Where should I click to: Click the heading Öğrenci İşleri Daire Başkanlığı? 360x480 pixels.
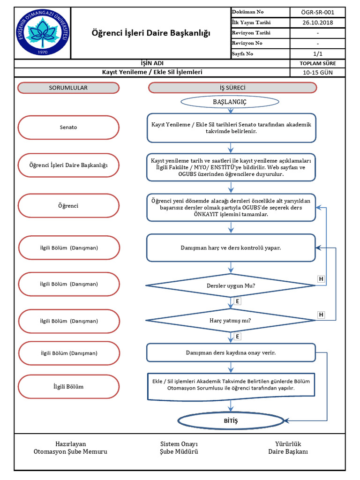point(150,33)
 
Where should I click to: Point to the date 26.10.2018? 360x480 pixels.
point(318,22)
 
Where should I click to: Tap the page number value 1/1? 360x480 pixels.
point(318,53)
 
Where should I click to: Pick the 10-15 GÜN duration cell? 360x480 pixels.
point(318,73)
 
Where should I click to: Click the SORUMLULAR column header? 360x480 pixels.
point(68,88)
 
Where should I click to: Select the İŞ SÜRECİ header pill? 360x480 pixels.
point(232,88)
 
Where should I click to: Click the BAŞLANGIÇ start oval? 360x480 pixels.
point(230,102)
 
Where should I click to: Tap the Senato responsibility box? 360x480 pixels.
point(68,127)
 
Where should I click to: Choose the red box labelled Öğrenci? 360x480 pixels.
point(68,206)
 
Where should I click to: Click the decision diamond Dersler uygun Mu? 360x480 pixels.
point(231,285)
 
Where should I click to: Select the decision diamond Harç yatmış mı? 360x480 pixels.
point(231,321)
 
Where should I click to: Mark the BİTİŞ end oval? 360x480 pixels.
point(230,421)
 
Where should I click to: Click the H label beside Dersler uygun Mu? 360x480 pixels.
point(321,279)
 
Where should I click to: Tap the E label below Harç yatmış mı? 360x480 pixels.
point(238,337)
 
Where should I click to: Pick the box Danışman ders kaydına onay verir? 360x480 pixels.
point(231,352)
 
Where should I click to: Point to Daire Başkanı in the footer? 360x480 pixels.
point(288,452)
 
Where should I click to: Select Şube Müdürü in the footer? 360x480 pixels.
point(179,452)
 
